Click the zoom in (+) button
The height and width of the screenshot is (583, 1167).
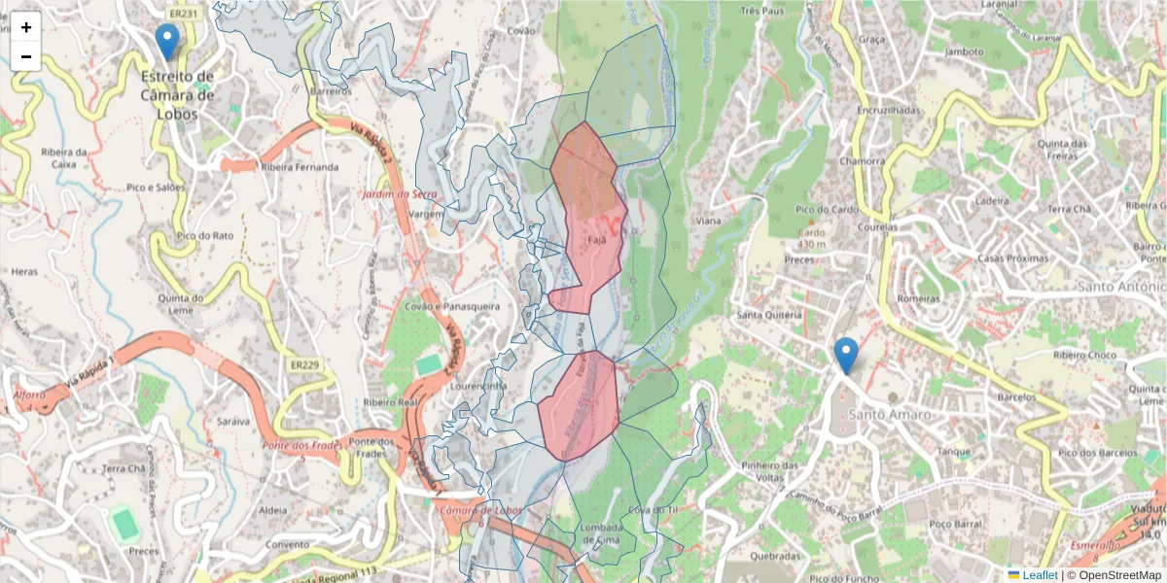click(x=26, y=27)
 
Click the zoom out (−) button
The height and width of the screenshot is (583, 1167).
click(x=26, y=56)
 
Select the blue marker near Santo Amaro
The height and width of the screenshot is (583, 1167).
click(x=846, y=355)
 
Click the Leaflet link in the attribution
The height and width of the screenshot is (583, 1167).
click(x=1040, y=575)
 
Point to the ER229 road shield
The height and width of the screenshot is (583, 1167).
click(x=304, y=364)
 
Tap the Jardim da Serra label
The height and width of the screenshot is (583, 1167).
click(x=400, y=194)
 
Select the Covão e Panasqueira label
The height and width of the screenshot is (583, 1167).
click(x=453, y=306)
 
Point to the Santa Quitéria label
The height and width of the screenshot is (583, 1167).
click(x=769, y=315)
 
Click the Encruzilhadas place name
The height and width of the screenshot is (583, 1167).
click(x=888, y=111)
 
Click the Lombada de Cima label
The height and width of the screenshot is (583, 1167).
click(x=600, y=532)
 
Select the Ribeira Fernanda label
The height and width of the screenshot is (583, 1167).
click(x=300, y=167)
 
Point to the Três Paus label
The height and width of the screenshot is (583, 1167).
click(x=762, y=12)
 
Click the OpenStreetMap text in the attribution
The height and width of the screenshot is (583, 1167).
click(x=1119, y=575)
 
